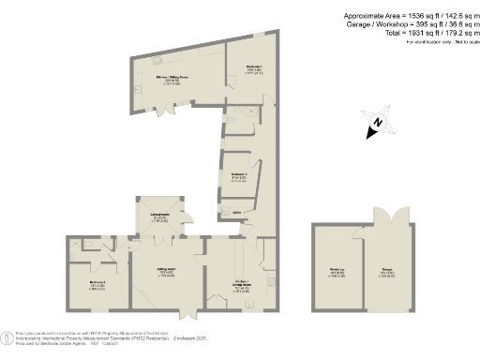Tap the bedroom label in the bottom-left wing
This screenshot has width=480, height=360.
97,283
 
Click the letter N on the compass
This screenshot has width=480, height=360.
375,122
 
